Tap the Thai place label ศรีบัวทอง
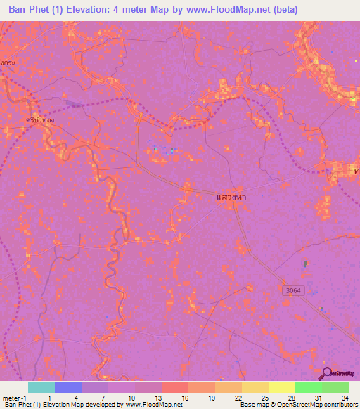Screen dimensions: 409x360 pos(38,120)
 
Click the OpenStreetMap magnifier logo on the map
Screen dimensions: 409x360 pos(327,374)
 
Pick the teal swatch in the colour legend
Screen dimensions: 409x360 pos(41,387)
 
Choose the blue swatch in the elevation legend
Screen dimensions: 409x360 pos(68,387)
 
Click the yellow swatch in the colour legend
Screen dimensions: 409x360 pos(282,387)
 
